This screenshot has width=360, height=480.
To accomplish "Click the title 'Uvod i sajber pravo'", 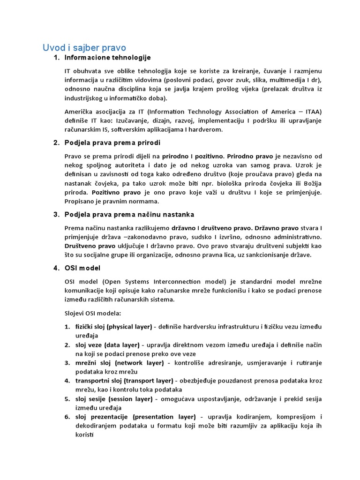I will tap(84, 47).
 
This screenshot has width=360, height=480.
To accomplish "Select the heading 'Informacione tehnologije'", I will tap(108, 58).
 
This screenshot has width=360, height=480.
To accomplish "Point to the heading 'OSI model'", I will tap(82, 268).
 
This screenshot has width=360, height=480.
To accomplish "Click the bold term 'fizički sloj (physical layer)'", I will tap(113, 326).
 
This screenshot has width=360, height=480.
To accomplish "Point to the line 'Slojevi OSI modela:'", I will tap(92, 313).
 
